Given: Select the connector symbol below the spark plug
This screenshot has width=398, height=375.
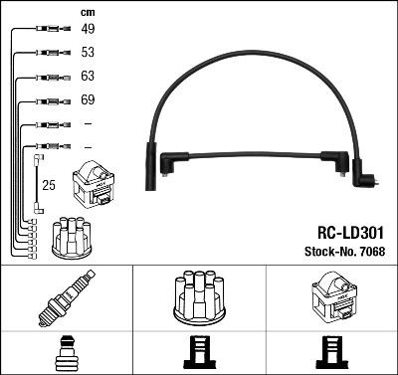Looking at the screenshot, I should click(x=66, y=354).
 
